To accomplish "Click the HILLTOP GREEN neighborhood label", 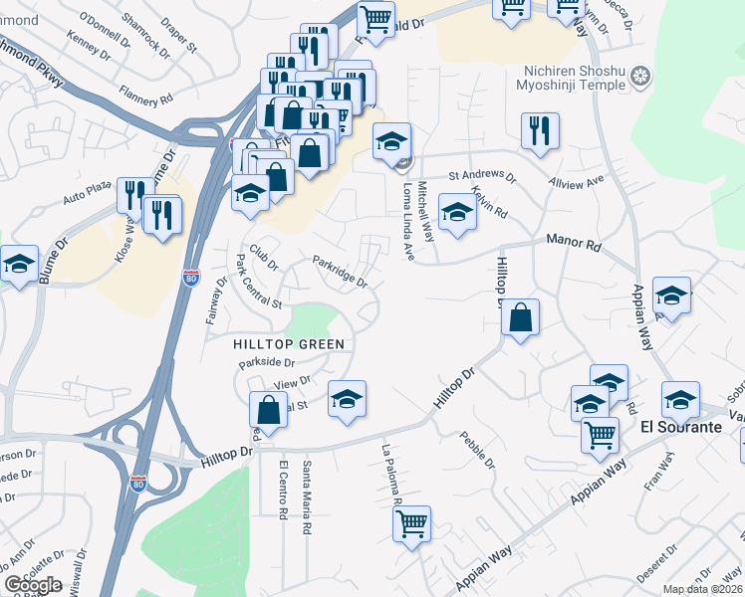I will click(x=288, y=344).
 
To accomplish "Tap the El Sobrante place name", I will click(x=680, y=427).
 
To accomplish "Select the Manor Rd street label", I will click(x=574, y=242).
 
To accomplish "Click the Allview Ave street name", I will click(x=577, y=183).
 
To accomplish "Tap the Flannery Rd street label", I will click(x=145, y=99).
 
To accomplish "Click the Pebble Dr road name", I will click(x=476, y=450).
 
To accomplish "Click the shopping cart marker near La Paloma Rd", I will click(x=411, y=523).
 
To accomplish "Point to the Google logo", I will click(x=33, y=585).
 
